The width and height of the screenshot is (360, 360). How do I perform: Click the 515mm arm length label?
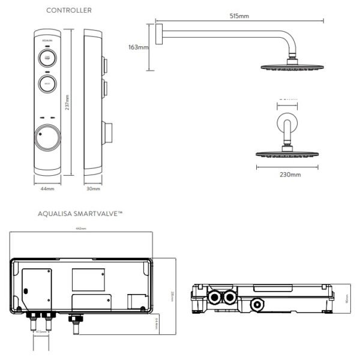239,16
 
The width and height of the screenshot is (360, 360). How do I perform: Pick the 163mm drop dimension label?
139,47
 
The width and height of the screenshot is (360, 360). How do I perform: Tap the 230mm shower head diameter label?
291,175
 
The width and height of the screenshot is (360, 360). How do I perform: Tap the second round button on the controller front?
48,84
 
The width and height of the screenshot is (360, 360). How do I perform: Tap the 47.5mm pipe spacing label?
41,331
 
